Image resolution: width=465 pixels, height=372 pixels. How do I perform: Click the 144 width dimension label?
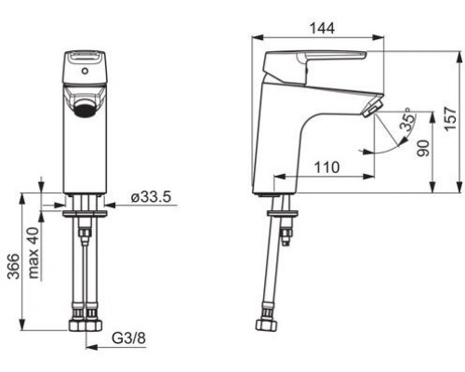coord(323,29)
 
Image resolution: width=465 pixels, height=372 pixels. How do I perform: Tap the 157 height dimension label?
coord(451,119)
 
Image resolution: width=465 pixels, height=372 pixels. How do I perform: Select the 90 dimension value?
coord(422,149)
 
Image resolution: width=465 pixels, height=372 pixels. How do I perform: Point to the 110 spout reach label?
coord(327,167)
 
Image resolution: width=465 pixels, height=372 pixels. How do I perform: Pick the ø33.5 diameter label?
coord(151,197)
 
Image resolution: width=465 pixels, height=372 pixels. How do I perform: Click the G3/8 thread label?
coord(128,339)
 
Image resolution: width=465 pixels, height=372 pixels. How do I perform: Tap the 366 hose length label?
coord(13,266)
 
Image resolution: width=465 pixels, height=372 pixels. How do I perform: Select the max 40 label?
coord(33,253)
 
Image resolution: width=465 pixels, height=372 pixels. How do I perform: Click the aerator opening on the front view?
coord(85,110)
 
